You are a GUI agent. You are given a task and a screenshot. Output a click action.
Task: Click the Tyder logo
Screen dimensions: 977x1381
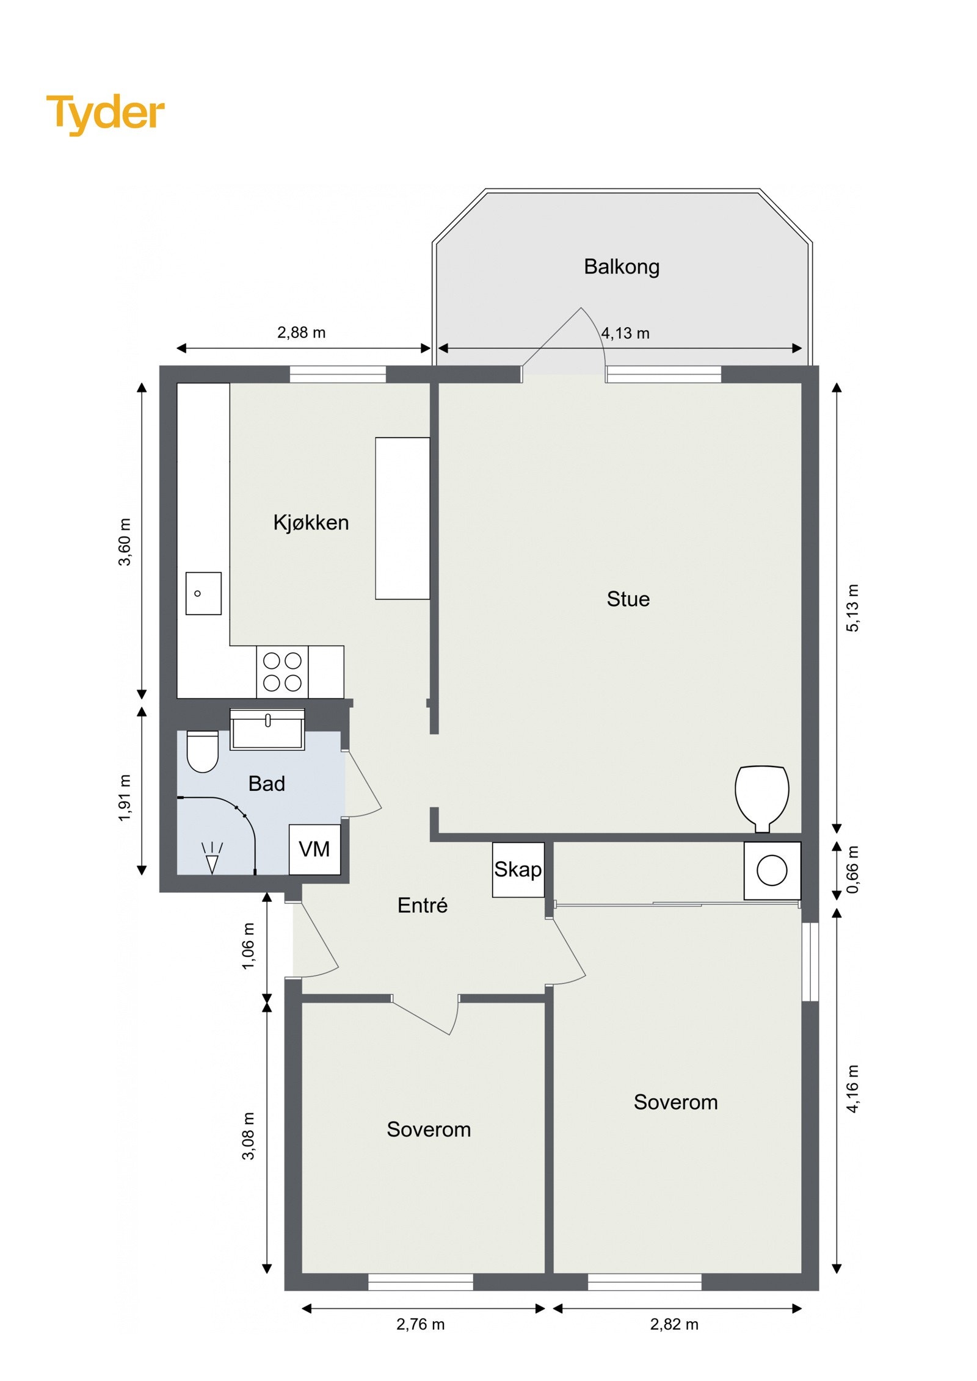105,114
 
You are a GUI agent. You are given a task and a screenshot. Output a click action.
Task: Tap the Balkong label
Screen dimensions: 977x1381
621,267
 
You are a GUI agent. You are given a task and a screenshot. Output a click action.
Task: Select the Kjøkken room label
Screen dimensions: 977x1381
311,522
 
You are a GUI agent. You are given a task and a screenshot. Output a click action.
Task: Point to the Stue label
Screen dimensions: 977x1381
628,599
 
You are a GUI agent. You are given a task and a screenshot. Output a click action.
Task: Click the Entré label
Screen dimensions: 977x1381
422,905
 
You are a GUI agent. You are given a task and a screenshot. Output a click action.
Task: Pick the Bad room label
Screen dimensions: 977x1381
266,784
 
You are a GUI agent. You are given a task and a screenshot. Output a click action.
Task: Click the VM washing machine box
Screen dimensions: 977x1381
314,849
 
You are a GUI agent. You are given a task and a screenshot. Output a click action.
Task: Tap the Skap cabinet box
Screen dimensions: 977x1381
518,870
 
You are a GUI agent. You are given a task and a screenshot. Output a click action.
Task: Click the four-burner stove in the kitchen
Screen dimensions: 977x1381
281,672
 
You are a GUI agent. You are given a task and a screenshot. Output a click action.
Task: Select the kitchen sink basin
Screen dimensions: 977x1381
203,593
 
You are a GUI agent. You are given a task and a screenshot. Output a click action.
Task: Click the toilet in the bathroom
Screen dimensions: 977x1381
202,751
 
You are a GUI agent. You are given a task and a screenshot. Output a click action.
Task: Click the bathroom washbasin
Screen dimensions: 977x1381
267,729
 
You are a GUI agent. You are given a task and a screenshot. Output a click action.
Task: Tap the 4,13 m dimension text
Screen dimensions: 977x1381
625,333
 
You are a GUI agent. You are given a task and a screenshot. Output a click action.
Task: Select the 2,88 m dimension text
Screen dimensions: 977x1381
301,333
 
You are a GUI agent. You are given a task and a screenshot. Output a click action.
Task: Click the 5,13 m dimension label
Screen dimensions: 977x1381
852,608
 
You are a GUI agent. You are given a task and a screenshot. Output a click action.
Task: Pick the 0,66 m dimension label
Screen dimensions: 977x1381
852,870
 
